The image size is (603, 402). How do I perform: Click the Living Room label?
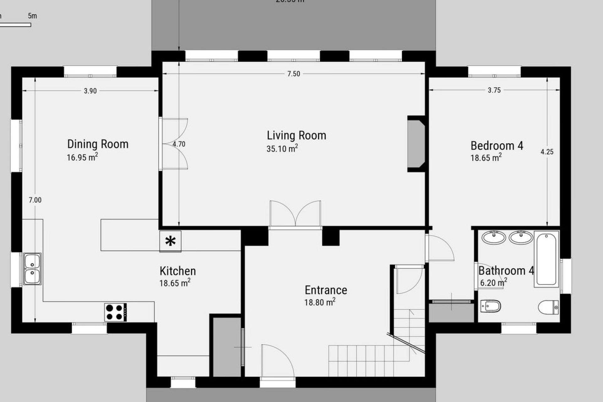click(296, 136)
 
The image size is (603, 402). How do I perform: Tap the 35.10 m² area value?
click(282, 149)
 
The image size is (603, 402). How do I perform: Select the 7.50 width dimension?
click(294, 74)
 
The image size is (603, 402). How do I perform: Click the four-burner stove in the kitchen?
click(116, 312)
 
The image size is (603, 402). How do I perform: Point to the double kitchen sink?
click(32, 269)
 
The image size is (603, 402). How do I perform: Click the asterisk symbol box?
click(170, 241)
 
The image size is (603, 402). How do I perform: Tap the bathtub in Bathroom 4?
click(546, 259)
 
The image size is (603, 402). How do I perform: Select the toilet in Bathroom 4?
click(548, 307)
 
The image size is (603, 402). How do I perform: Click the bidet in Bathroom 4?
click(491, 306)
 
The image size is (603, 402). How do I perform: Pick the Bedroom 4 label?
click(497, 146)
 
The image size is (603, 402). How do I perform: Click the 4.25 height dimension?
click(547, 152)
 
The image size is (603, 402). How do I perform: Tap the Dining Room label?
click(98, 144)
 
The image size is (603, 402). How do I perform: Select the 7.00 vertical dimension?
click(35, 200)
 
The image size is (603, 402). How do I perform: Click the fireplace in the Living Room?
click(416, 144)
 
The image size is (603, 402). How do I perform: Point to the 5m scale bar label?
click(32, 16)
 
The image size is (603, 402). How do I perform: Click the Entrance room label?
click(326, 290)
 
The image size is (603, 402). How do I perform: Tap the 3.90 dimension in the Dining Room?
click(90, 91)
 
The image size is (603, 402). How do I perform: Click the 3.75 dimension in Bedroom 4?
click(494, 90)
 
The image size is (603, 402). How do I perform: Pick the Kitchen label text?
click(177, 271)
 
